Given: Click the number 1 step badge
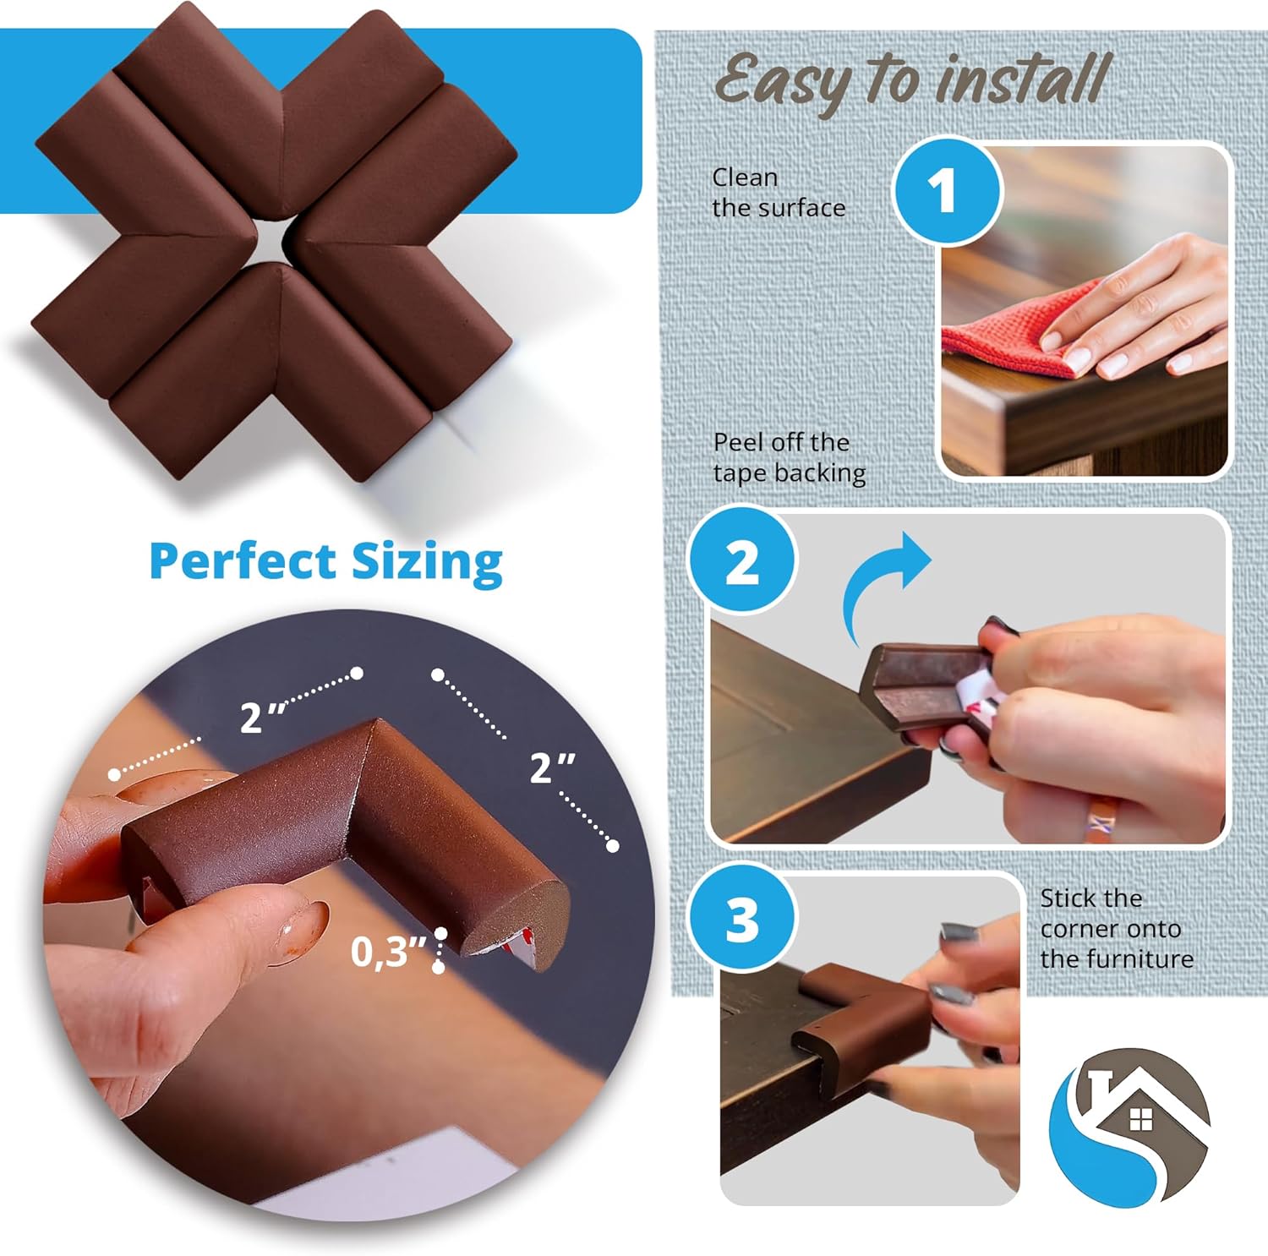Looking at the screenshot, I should pos(946,191).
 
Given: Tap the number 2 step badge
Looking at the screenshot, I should pos(742,560).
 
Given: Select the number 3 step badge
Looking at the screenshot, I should pos(742,919).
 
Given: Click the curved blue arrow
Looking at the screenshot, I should pos(884,583).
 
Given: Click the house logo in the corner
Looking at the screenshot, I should pos(1129,1124).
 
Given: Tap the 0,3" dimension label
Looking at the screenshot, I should pos(387,953).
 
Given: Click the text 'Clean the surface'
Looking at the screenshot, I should pos(778,193).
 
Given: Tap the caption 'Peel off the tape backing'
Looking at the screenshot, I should pos(789,457).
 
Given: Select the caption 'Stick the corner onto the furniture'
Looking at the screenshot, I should pos(1116,928).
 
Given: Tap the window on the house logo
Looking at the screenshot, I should pos(1140,1120).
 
